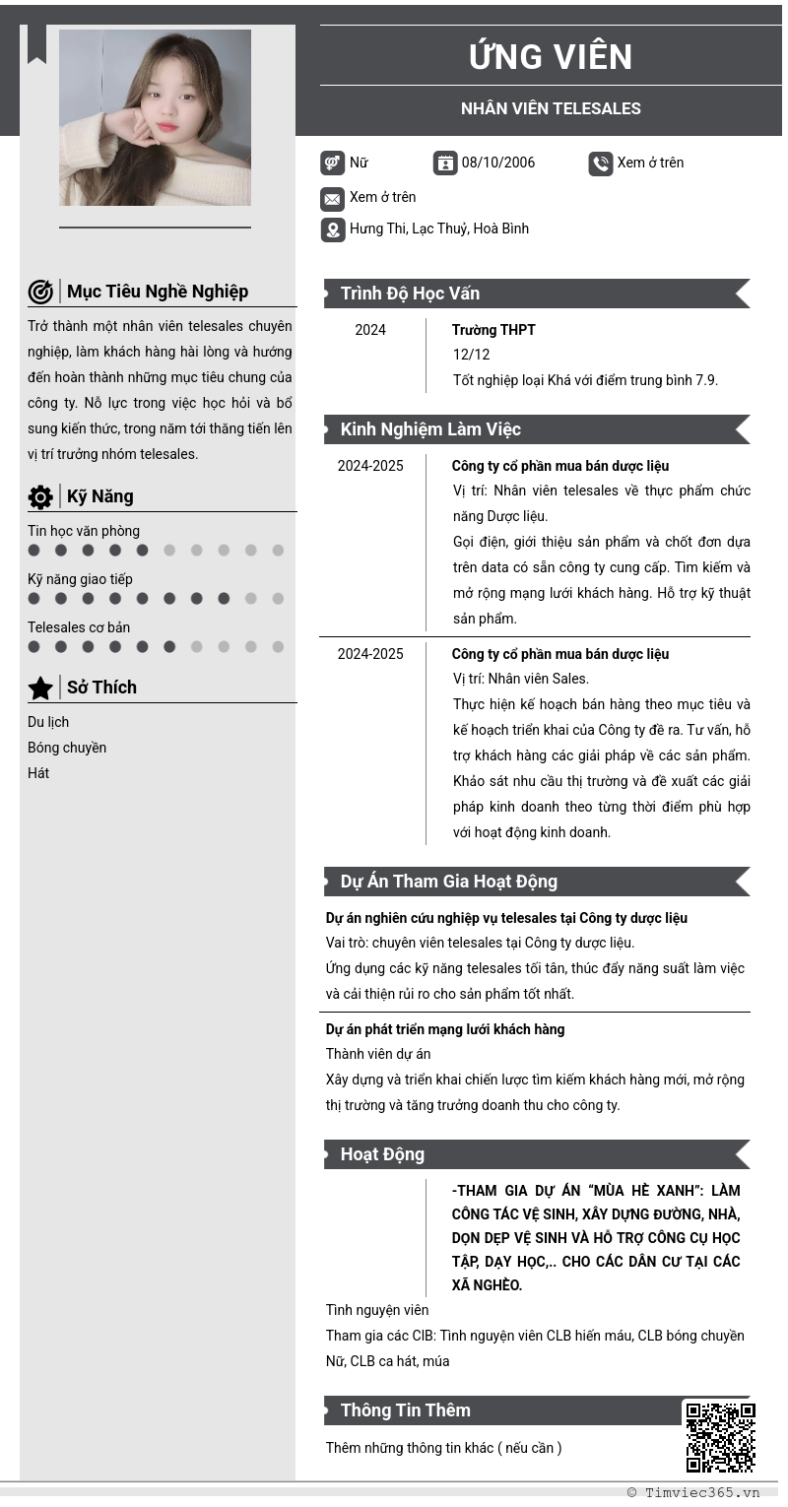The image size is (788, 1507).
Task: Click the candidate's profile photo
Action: [155, 117]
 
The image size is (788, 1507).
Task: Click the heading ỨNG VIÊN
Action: [551, 57]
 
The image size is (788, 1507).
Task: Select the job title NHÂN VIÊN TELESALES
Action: [551, 108]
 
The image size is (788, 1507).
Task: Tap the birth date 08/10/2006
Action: [498, 163]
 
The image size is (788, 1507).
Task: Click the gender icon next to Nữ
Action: [332, 164]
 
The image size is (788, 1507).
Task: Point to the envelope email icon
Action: [332, 199]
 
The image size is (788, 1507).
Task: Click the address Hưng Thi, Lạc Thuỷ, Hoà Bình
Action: [439, 229]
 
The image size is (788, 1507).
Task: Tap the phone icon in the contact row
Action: [601, 164]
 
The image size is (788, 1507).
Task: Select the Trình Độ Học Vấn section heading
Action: [410, 294]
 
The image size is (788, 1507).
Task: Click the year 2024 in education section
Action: [370, 330]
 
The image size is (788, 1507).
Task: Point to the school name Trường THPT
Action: [493, 330]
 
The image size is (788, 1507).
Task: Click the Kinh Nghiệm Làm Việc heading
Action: [430, 429]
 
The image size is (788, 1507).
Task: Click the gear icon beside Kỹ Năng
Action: [40, 497]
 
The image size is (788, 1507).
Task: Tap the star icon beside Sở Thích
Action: [40, 688]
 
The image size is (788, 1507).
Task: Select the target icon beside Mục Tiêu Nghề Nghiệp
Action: [40, 292]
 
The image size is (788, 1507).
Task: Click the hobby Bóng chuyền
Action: [67, 748]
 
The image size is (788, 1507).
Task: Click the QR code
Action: [720, 1437]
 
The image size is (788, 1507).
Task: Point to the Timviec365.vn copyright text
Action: [693, 1492]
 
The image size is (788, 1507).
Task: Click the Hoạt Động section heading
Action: [382, 1154]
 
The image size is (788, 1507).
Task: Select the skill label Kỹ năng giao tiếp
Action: [80, 579]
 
